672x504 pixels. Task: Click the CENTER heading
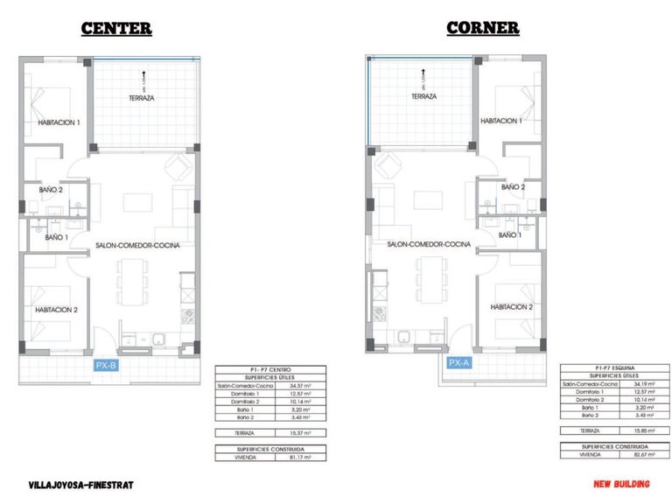pyautogui.click(x=116, y=28)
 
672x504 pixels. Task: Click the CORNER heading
pyautogui.click(x=483, y=27)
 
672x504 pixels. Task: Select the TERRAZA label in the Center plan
pyautogui.click(x=141, y=98)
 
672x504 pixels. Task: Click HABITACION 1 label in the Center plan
pyautogui.click(x=59, y=123)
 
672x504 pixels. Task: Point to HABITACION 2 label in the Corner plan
pyautogui.click(x=512, y=307)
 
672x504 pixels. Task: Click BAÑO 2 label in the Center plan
pyautogui.click(x=51, y=189)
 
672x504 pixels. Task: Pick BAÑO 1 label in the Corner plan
pyautogui.click(x=510, y=235)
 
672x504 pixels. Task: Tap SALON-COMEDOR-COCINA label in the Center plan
pyautogui.click(x=138, y=246)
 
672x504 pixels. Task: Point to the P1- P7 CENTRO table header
pyautogui.click(x=270, y=370)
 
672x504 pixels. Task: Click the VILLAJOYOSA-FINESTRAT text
pyautogui.click(x=81, y=484)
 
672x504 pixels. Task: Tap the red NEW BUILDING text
pyautogui.click(x=620, y=484)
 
